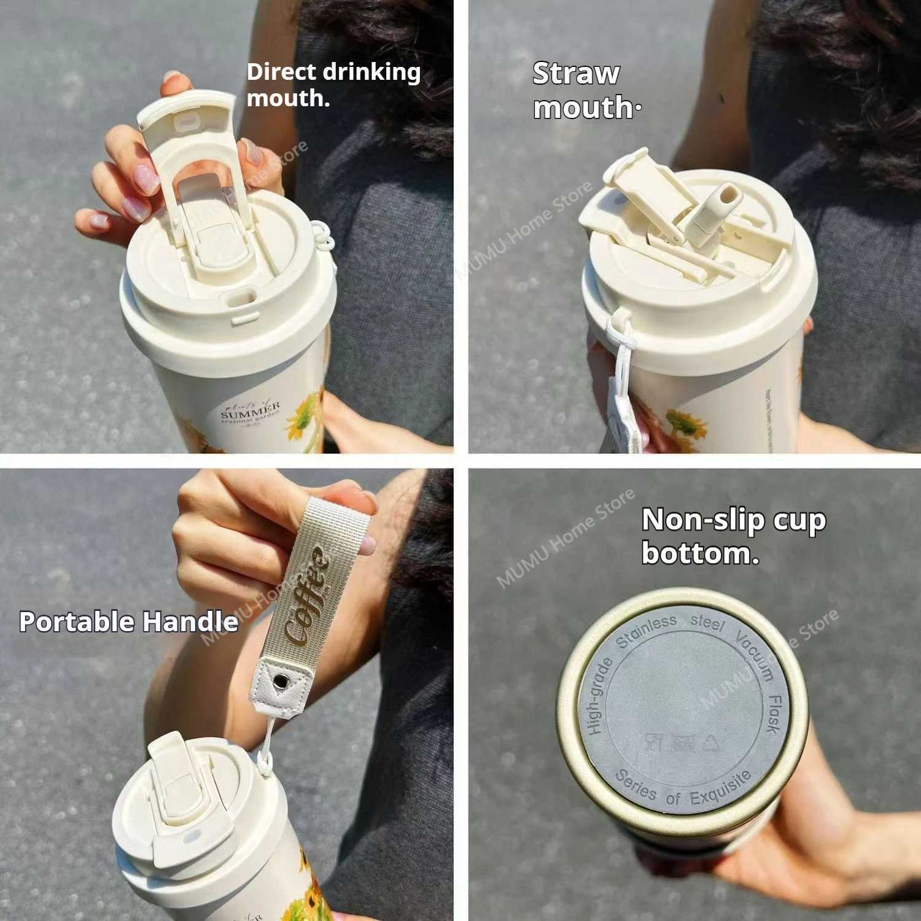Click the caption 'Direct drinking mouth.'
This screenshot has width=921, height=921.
coord(333,85)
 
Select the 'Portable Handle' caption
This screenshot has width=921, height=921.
coord(129,621)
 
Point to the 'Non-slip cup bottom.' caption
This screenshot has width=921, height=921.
coord(733,536)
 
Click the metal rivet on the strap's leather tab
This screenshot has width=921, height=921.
coord(281,680)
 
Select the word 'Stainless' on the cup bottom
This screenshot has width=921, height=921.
coord(647,631)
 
